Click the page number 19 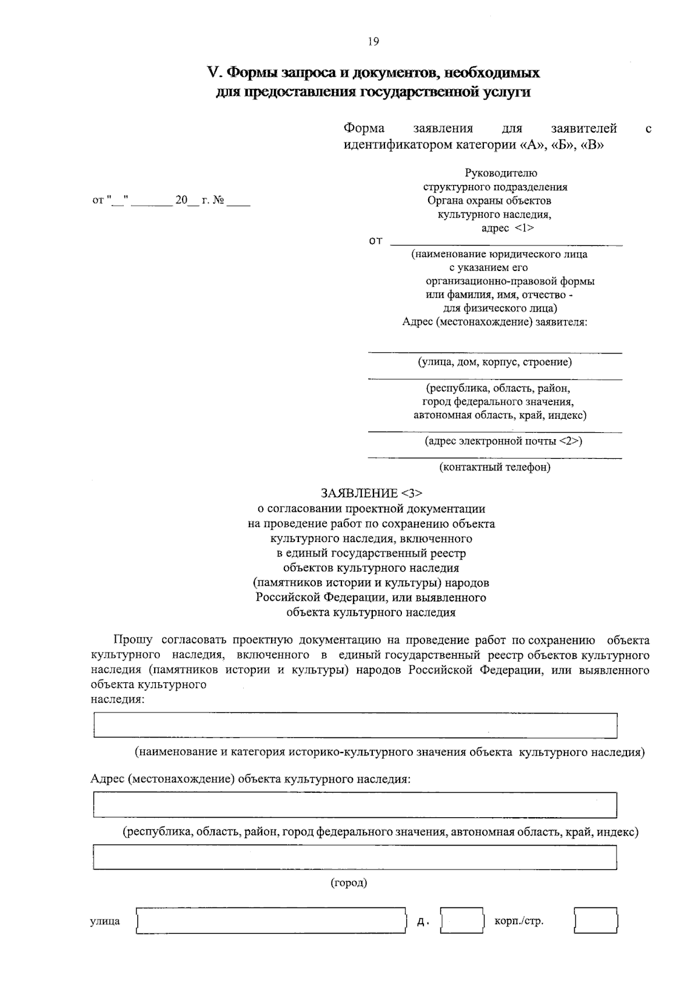point(373,41)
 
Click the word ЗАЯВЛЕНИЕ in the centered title point(358,494)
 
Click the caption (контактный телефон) point(494,466)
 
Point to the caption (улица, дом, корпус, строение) point(494,362)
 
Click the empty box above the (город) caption point(355,857)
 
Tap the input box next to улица point(270,921)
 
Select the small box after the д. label point(462,921)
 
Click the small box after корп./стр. point(596,921)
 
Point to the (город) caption point(349,883)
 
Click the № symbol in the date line point(219,201)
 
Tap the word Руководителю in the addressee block point(501,173)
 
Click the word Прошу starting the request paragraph point(133,640)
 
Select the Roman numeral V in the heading point(212,73)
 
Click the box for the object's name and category point(355,725)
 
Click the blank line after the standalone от point(506,241)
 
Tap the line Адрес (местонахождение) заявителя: point(494,322)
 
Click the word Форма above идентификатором point(364,129)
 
